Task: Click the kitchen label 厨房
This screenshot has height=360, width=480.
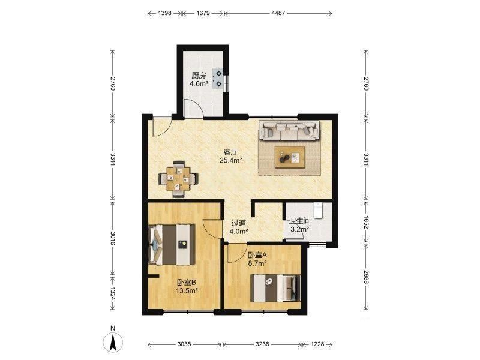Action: tap(199, 76)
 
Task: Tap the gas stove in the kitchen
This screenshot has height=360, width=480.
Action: tap(217, 79)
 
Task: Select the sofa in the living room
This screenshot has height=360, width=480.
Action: tap(289, 130)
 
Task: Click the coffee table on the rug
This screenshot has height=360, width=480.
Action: tap(290, 157)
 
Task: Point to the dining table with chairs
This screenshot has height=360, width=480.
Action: tap(178, 179)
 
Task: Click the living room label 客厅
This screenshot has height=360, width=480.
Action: tap(231, 152)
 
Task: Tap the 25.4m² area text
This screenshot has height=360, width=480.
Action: tap(231, 160)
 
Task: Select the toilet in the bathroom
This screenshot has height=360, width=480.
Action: tap(319, 211)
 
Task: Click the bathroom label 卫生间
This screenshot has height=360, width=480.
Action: tap(301, 221)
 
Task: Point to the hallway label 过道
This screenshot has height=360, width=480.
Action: tap(239, 223)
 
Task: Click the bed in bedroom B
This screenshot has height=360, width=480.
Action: tap(172, 245)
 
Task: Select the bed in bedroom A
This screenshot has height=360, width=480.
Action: tap(275, 288)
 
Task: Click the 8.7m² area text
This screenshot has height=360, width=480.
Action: tap(257, 262)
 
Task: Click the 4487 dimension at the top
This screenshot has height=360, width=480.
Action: tap(278, 13)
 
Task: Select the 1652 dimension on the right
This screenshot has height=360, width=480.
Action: tap(366, 221)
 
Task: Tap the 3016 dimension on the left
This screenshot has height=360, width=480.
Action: tap(113, 238)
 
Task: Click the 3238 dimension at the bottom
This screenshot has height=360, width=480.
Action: tap(262, 344)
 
